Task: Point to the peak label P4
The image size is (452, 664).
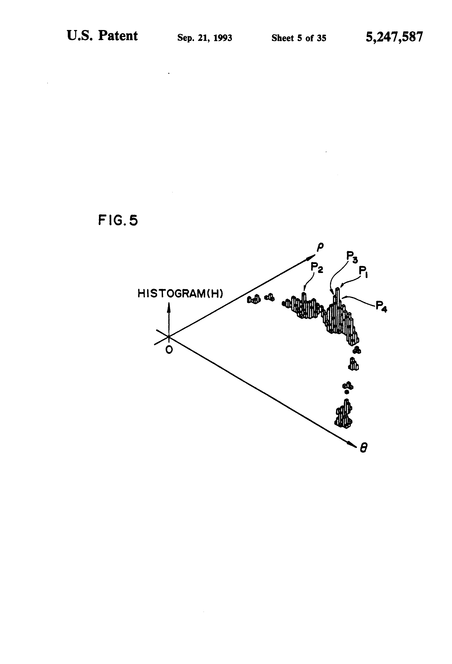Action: click(381, 306)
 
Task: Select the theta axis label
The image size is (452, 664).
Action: click(363, 448)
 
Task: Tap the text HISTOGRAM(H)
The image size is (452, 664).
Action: click(180, 293)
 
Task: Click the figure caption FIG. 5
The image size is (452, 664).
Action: click(118, 220)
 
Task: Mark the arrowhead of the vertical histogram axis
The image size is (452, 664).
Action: click(169, 306)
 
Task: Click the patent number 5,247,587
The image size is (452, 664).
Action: click(394, 37)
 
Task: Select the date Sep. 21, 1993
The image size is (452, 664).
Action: click(205, 38)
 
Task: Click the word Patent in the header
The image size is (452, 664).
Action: click(118, 36)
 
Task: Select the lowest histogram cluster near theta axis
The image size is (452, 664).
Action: click(344, 417)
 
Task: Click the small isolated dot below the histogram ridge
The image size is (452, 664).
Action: click(347, 392)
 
